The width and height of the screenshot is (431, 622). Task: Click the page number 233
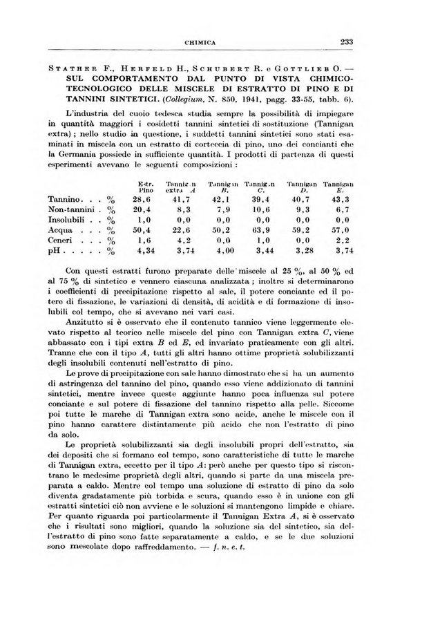click(346, 41)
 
